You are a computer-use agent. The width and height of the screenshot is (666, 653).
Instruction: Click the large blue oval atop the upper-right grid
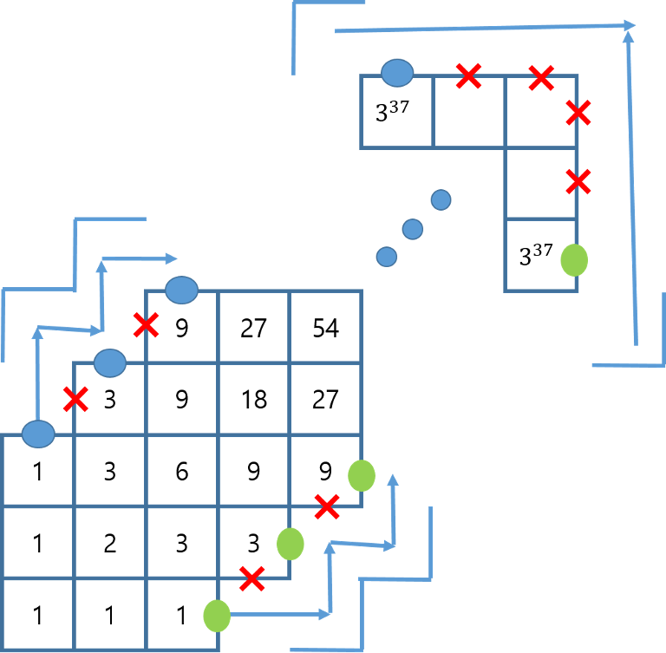397,73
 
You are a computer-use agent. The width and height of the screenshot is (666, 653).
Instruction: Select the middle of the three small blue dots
413,229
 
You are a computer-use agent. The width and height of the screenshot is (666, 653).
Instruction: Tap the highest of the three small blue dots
441,200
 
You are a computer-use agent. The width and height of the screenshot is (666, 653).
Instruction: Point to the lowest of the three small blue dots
387,257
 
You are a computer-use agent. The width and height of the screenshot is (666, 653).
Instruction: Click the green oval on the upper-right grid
574,259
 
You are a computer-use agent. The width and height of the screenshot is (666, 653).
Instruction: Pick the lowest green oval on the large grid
217,616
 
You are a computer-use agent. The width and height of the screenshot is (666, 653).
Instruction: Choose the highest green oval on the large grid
362,475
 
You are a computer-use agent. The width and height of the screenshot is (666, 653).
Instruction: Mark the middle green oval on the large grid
291,544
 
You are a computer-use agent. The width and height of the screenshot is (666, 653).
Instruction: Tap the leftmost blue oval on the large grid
38,434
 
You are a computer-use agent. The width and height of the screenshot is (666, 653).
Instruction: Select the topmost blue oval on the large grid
181,290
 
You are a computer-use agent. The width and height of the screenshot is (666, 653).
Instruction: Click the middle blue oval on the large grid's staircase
110,362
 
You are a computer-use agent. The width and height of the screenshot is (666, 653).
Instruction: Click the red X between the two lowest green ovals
251,578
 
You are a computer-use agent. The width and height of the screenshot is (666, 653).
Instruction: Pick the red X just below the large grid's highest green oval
327,506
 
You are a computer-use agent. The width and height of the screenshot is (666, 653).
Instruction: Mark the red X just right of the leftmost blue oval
75,399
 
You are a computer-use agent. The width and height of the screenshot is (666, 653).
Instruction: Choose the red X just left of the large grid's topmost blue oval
146,325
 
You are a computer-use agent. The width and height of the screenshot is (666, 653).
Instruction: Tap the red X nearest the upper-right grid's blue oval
468,75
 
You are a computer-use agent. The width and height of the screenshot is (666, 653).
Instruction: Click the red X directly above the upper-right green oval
578,181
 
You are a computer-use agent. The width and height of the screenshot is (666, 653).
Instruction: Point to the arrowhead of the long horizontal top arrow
630,26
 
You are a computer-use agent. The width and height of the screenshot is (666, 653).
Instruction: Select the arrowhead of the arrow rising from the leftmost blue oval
37,330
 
